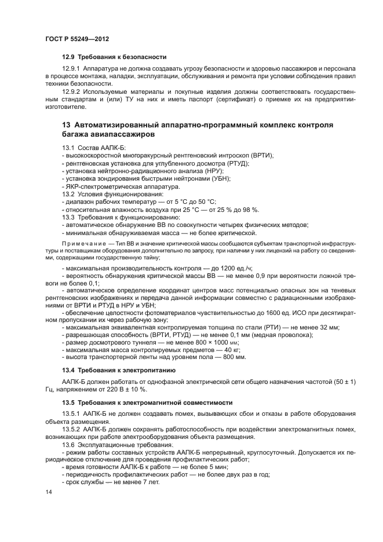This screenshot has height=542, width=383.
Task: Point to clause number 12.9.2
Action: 71,91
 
